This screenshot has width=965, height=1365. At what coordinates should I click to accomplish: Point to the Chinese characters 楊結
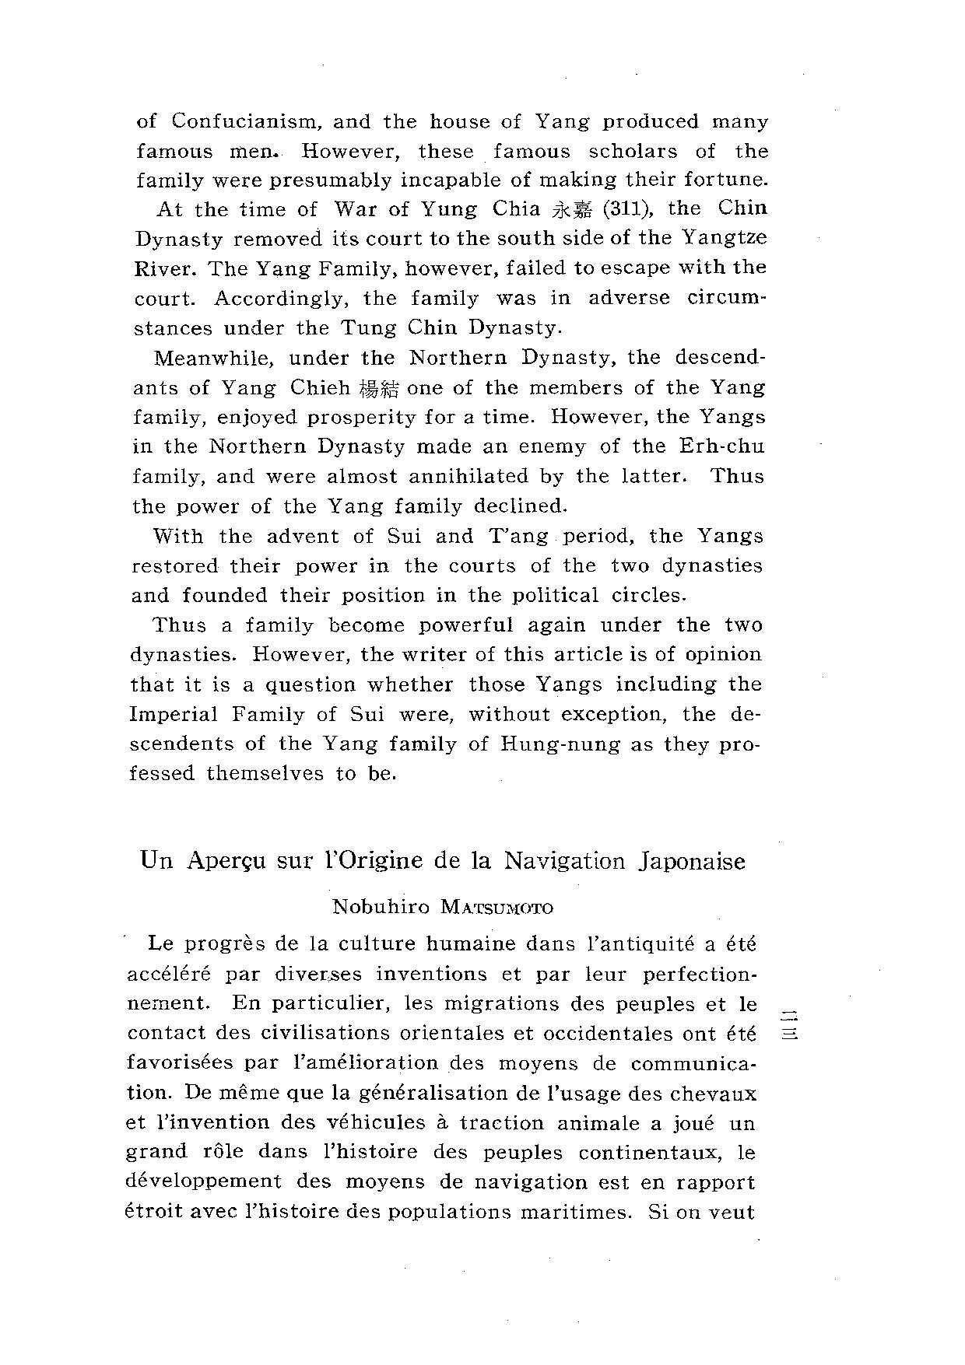click(x=380, y=389)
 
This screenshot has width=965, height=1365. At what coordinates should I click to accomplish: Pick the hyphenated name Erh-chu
click(x=721, y=446)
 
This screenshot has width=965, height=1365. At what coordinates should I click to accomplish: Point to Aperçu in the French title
click(x=226, y=862)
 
